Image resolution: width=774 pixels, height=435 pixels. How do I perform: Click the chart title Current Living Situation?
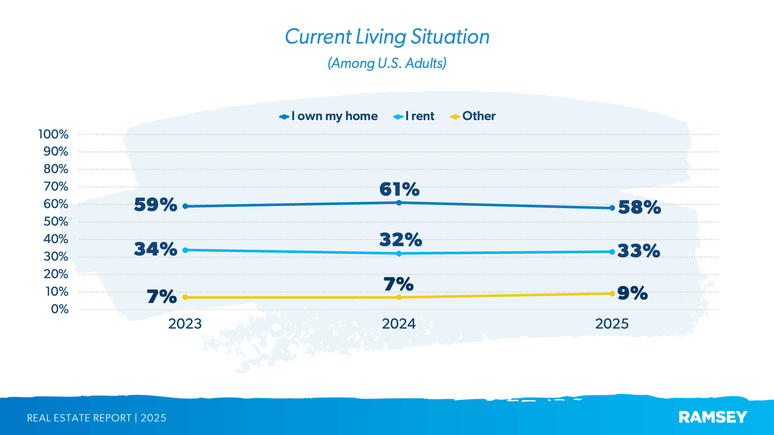[387, 37]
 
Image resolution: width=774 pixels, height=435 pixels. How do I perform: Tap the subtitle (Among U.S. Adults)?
[387, 63]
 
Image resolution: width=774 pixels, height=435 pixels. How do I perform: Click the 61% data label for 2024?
[399, 189]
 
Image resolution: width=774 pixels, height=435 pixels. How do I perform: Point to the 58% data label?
[639, 208]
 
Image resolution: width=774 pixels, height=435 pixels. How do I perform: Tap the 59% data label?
[155, 205]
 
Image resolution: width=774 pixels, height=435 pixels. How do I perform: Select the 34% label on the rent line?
[155, 250]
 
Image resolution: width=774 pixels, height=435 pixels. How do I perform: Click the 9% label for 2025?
[633, 294]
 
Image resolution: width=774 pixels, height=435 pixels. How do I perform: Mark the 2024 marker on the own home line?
[399, 203]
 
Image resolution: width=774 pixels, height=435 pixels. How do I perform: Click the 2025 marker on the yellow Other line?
[612, 294]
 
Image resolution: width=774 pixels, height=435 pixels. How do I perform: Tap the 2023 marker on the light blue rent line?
[185, 250]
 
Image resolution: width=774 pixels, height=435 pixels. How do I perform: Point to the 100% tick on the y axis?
[53, 134]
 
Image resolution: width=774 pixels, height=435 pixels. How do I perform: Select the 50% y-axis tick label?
[56, 222]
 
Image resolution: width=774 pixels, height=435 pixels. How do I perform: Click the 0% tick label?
[59, 309]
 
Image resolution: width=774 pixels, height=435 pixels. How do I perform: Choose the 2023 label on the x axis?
[185, 324]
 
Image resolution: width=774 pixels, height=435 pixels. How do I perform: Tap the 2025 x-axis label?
[612, 324]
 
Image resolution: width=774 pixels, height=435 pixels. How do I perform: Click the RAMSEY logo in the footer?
[712, 417]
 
